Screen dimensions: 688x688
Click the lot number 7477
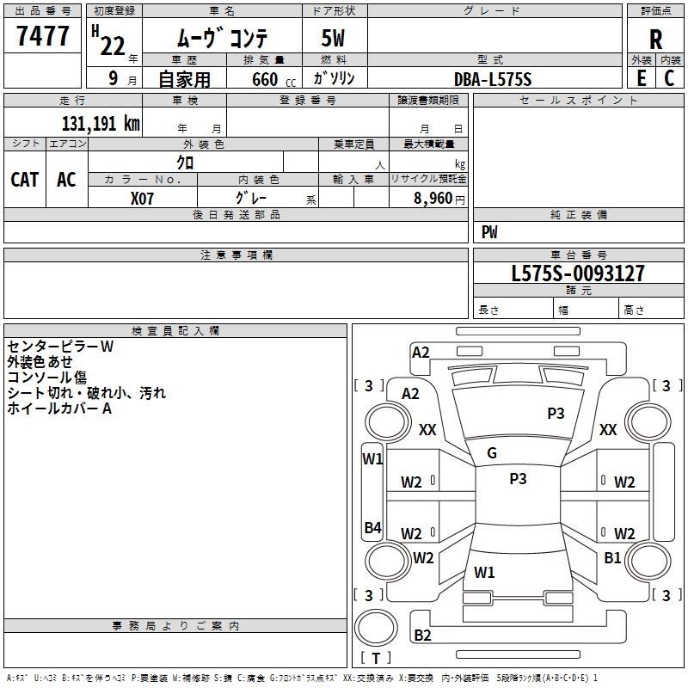coord(43,36)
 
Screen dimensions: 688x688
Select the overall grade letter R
coord(655,40)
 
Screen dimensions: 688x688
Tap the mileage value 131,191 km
coord(101,124)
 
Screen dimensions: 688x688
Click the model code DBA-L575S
coord(493,79)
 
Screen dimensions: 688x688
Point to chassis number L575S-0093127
coord(578,273)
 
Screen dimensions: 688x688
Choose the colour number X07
coord(142,199)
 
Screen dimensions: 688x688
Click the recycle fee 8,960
coord(433,199)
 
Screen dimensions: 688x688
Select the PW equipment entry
coord(489,232)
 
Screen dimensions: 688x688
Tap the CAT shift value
coord(25,180)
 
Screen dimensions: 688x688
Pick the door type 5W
coord(333,38)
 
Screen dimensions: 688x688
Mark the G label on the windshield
coord(492,453)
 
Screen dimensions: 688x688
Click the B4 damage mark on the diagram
coord(373,527)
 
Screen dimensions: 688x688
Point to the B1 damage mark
coord(612,557)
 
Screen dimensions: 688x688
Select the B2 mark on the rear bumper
coord(422,636)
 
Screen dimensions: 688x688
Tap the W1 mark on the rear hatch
coord(484,573)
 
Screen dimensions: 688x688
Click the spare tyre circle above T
coord(376,627)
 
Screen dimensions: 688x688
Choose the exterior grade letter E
coord(642,78)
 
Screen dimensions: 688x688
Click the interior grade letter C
coord(669,78)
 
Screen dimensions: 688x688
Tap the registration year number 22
coord(113,46)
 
